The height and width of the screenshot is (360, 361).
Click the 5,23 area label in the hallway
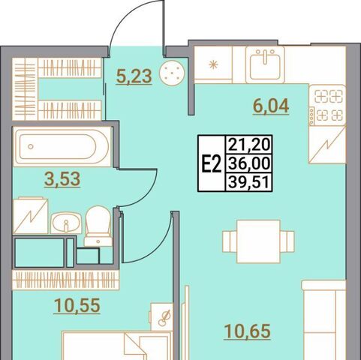coord(134,76)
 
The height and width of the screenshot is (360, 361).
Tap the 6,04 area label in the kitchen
coord(271,106)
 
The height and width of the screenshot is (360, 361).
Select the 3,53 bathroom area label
coord(62,179)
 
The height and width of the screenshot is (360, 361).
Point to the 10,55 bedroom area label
coord(77,305)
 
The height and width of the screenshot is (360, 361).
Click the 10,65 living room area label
coord(248,331)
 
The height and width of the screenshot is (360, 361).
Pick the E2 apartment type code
coord(212,163)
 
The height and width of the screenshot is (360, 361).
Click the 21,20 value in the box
coord(249,145)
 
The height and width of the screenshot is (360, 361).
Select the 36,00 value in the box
coord(249,163)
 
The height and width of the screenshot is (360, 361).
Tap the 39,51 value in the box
coord(249,182)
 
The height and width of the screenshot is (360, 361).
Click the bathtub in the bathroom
coord(62,146)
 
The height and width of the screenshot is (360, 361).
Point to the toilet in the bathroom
coord(98,226)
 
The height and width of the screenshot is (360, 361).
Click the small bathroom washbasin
coord(66,223)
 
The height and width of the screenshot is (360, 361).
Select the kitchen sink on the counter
coord(265,64)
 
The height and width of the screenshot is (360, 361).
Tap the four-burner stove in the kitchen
coord(327,106)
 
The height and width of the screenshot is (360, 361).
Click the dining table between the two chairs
coord(258,241)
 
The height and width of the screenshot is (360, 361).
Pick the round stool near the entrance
coord(172,73)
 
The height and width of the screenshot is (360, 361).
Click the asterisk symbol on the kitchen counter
coord(213,65)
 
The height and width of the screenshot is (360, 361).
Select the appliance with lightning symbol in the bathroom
coord(30,216)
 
